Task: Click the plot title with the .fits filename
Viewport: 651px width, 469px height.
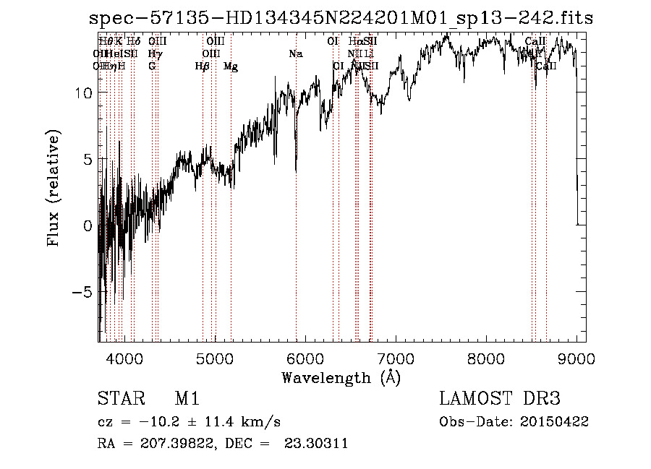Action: pos(341,19)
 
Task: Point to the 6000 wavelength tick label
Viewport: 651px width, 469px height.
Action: pos(305,358)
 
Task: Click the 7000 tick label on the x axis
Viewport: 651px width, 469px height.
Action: pos(396,358)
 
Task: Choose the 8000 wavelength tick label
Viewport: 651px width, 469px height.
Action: pos(486,358)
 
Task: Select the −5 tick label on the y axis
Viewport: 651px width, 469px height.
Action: pos(84,293)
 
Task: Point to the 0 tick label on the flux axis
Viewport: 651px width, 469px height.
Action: pos(88,226)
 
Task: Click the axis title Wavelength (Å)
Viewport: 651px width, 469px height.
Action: pos(341,377)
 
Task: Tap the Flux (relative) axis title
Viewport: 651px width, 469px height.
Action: pos(54,188)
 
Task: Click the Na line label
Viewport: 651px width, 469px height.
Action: pos(295,53)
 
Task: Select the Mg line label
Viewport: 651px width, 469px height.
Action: pos(231,66)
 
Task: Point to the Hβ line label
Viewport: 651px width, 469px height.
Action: pos(203,66)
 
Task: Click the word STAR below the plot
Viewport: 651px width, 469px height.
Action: pos(119,399)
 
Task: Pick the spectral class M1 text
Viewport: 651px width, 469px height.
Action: pos(187,399)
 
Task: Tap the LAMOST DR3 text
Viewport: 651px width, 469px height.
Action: pos(500,399)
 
